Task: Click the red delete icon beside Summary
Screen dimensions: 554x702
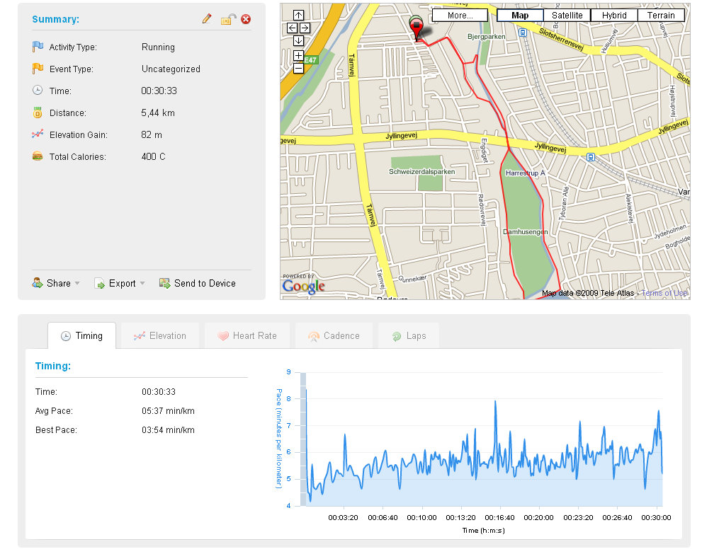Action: pyautogui.click(x=246, y=19)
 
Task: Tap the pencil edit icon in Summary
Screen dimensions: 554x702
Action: pyautogui.click(x=207, y=19)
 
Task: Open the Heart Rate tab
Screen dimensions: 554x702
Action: pyautogui.click(x=247, y=336)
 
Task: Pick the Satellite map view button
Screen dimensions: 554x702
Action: pyautogui.click(x=567, y=16)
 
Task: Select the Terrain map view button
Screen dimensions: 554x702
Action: pyautogui.click(x=661, y=16)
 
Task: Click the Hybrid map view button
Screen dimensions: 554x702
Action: pyautogui.click(x=614, y=16)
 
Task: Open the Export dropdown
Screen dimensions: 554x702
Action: pyautogui.click(x=120, y=284)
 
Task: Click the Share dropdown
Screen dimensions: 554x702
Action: pyautogui.click(x=57, y=284)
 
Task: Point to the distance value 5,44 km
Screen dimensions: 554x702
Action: pyautogui.click(x=158, y=113)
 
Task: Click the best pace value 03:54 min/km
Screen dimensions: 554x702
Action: pyautogui.click(x=168, y=430)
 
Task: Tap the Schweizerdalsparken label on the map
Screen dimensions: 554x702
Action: pyautogui.click(x=421, y=172)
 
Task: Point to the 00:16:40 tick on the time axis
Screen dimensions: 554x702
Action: pyautogui.click(x=500, y=517)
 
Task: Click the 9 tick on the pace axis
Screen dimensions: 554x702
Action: pyautogui.click(x=289, y=372)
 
